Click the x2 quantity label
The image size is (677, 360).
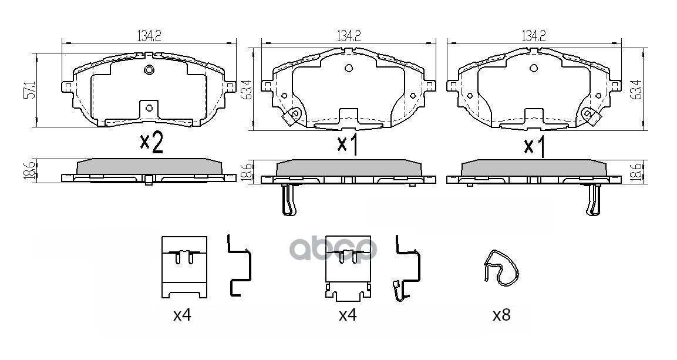[151, 143]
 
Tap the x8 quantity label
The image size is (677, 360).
[501, 315]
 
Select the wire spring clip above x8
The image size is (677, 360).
[503, 268]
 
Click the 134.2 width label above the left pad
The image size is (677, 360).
[149, 36]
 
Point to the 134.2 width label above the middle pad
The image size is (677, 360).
[348, 36]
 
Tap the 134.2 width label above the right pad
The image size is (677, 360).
[534, 36]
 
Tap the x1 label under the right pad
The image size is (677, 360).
[534, 146]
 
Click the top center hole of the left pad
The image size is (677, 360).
[149, 71]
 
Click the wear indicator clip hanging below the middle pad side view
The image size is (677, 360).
[288, 200]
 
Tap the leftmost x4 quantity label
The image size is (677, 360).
[182, 315]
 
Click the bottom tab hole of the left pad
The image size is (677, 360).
[149, 107]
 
